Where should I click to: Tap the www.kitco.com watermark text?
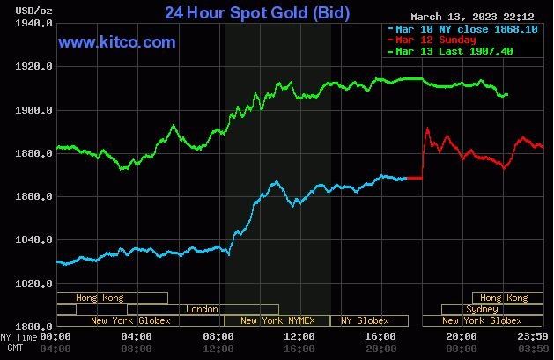[x=116, y=42]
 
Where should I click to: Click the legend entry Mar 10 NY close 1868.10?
[x=450, y=29]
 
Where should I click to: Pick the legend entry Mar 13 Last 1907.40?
[x=450, y=51]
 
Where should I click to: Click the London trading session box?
[x=203, y=309]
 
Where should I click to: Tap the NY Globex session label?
[x=365, y=320]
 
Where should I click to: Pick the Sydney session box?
[x=482, y=309]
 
